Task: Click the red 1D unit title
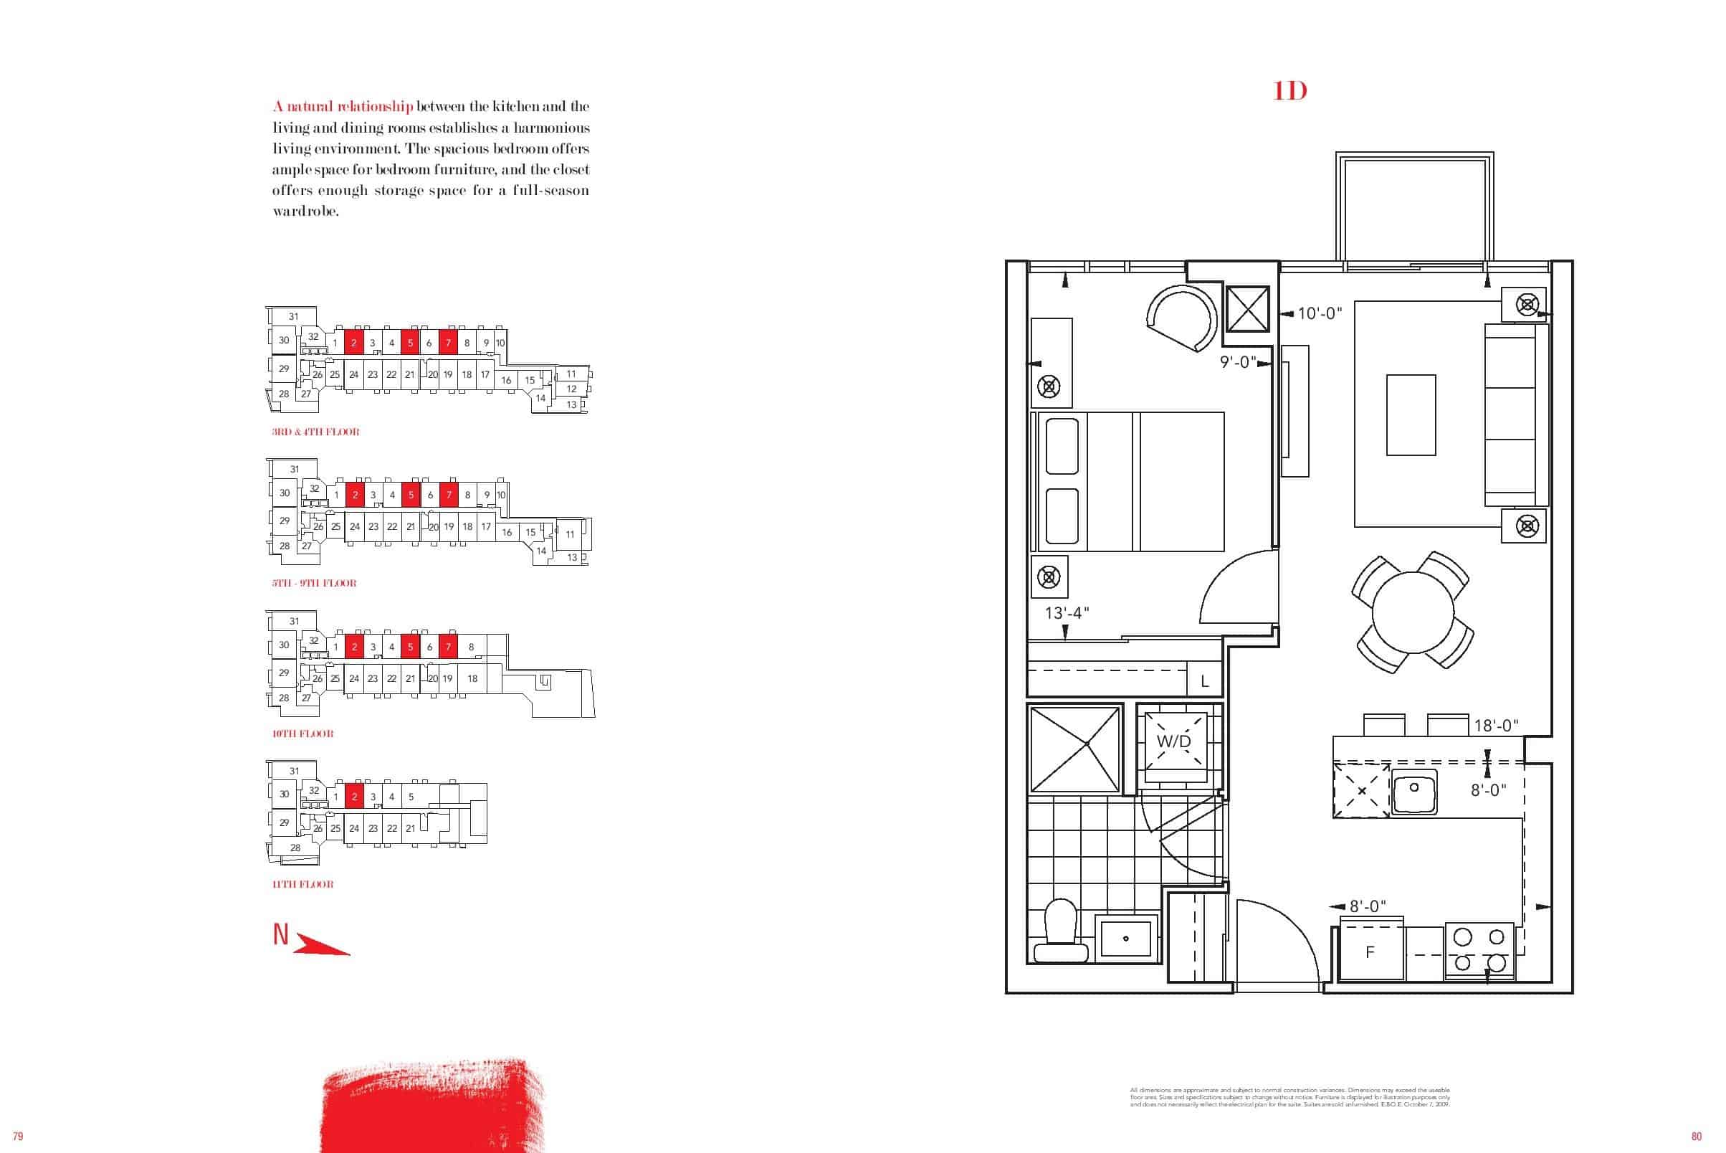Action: [1289, 91]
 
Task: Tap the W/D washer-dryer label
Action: [1173, 741]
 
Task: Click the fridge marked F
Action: [1370, 952]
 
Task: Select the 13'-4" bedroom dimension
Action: [1066, 612]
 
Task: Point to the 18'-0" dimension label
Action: [1496, 726]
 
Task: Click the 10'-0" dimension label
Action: [1320, 313]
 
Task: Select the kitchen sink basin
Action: [1414, 792]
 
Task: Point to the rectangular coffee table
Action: [1411, 414]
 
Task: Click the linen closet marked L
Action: [1204, 681]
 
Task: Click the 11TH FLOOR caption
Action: [303, 884]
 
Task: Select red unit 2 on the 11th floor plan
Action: [354, 797]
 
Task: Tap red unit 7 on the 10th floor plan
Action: [449, 647]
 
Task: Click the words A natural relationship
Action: [343, 107]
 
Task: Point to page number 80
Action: [1696, 1136]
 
